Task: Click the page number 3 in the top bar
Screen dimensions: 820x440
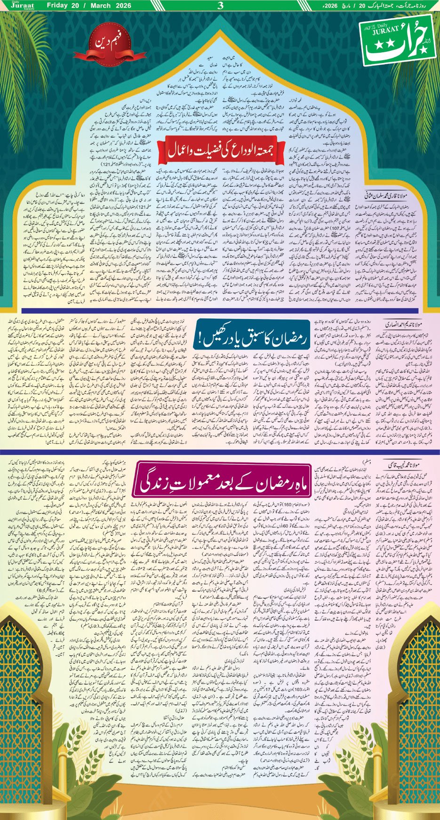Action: click(220, 6)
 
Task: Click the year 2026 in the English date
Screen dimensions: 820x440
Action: click(129, 6)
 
